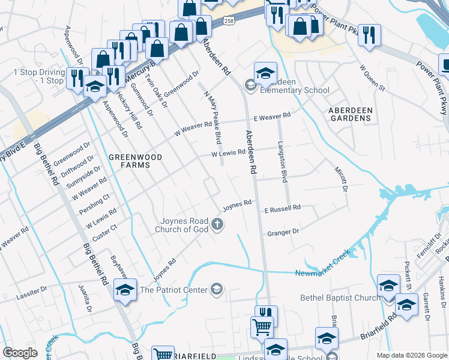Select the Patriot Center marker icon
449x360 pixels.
[x=217, y=290]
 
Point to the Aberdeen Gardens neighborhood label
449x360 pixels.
[x=351, y=114]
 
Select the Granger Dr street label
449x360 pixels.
[x=283, y=232]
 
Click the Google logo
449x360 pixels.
[x=20, y=352]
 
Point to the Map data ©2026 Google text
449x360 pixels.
[x=411, y=355]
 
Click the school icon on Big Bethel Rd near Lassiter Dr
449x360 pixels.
[x=125, y=290]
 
